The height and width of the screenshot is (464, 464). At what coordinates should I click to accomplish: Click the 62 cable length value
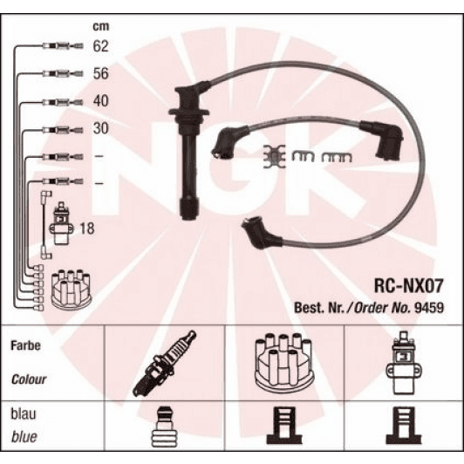(x=101, y=46)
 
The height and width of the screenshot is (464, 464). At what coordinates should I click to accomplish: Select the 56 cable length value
(x=101, y=73)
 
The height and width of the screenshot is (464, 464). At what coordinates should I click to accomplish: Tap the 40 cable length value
(x=101, y=101)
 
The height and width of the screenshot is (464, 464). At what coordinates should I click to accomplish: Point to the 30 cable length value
(x=101, y=128)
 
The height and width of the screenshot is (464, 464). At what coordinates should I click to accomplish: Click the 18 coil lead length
(x=87, y=229)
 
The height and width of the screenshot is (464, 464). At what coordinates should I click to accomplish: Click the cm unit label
(x=101, y=26)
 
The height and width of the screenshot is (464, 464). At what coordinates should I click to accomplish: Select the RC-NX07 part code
(x=409, y=285)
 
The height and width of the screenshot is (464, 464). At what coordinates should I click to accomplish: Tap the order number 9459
(x=429, y=308)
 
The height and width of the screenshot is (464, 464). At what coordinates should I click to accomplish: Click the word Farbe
(x=25, y=345)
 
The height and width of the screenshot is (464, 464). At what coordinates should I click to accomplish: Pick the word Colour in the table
(x=29, y=379)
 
